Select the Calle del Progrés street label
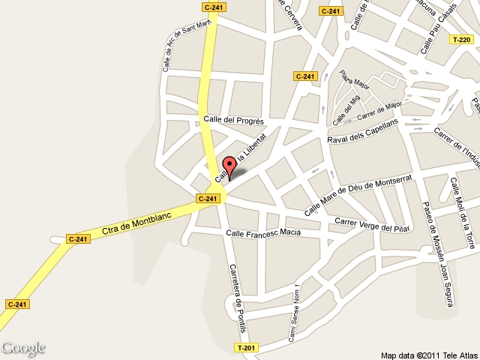[234, 120]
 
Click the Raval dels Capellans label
[362, 132]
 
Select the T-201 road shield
[246, 348]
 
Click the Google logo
[23, 348]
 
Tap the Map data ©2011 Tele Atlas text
[428, 355]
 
